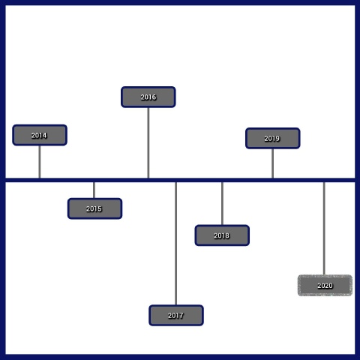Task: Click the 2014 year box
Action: [x=40, y=135]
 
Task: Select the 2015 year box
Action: [x=94, y=208]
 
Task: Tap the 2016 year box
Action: [x=148, y=97]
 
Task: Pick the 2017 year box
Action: [x=176, y=315]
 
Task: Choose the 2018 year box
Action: [x=222, y=235]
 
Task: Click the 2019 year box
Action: [x=273, y=138]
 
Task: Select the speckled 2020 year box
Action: [x=325, y=286]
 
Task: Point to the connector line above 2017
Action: [x=176, y=244]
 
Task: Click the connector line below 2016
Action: [x=148, y=142]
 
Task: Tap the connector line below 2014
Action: [x=40, y=162]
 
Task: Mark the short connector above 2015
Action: [x=94, y=190]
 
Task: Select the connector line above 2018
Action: [x=222, y=203]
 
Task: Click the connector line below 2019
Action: [x=272, y=163]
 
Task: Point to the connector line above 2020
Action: [x=324, y=229]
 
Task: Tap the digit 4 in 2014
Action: [x=44, y=135]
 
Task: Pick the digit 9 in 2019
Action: [x=277, y=138]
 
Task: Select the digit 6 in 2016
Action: [x=154, y=97]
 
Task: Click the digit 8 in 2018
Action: [x=227, y=235]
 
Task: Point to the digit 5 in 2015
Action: [x=100, y=208]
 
